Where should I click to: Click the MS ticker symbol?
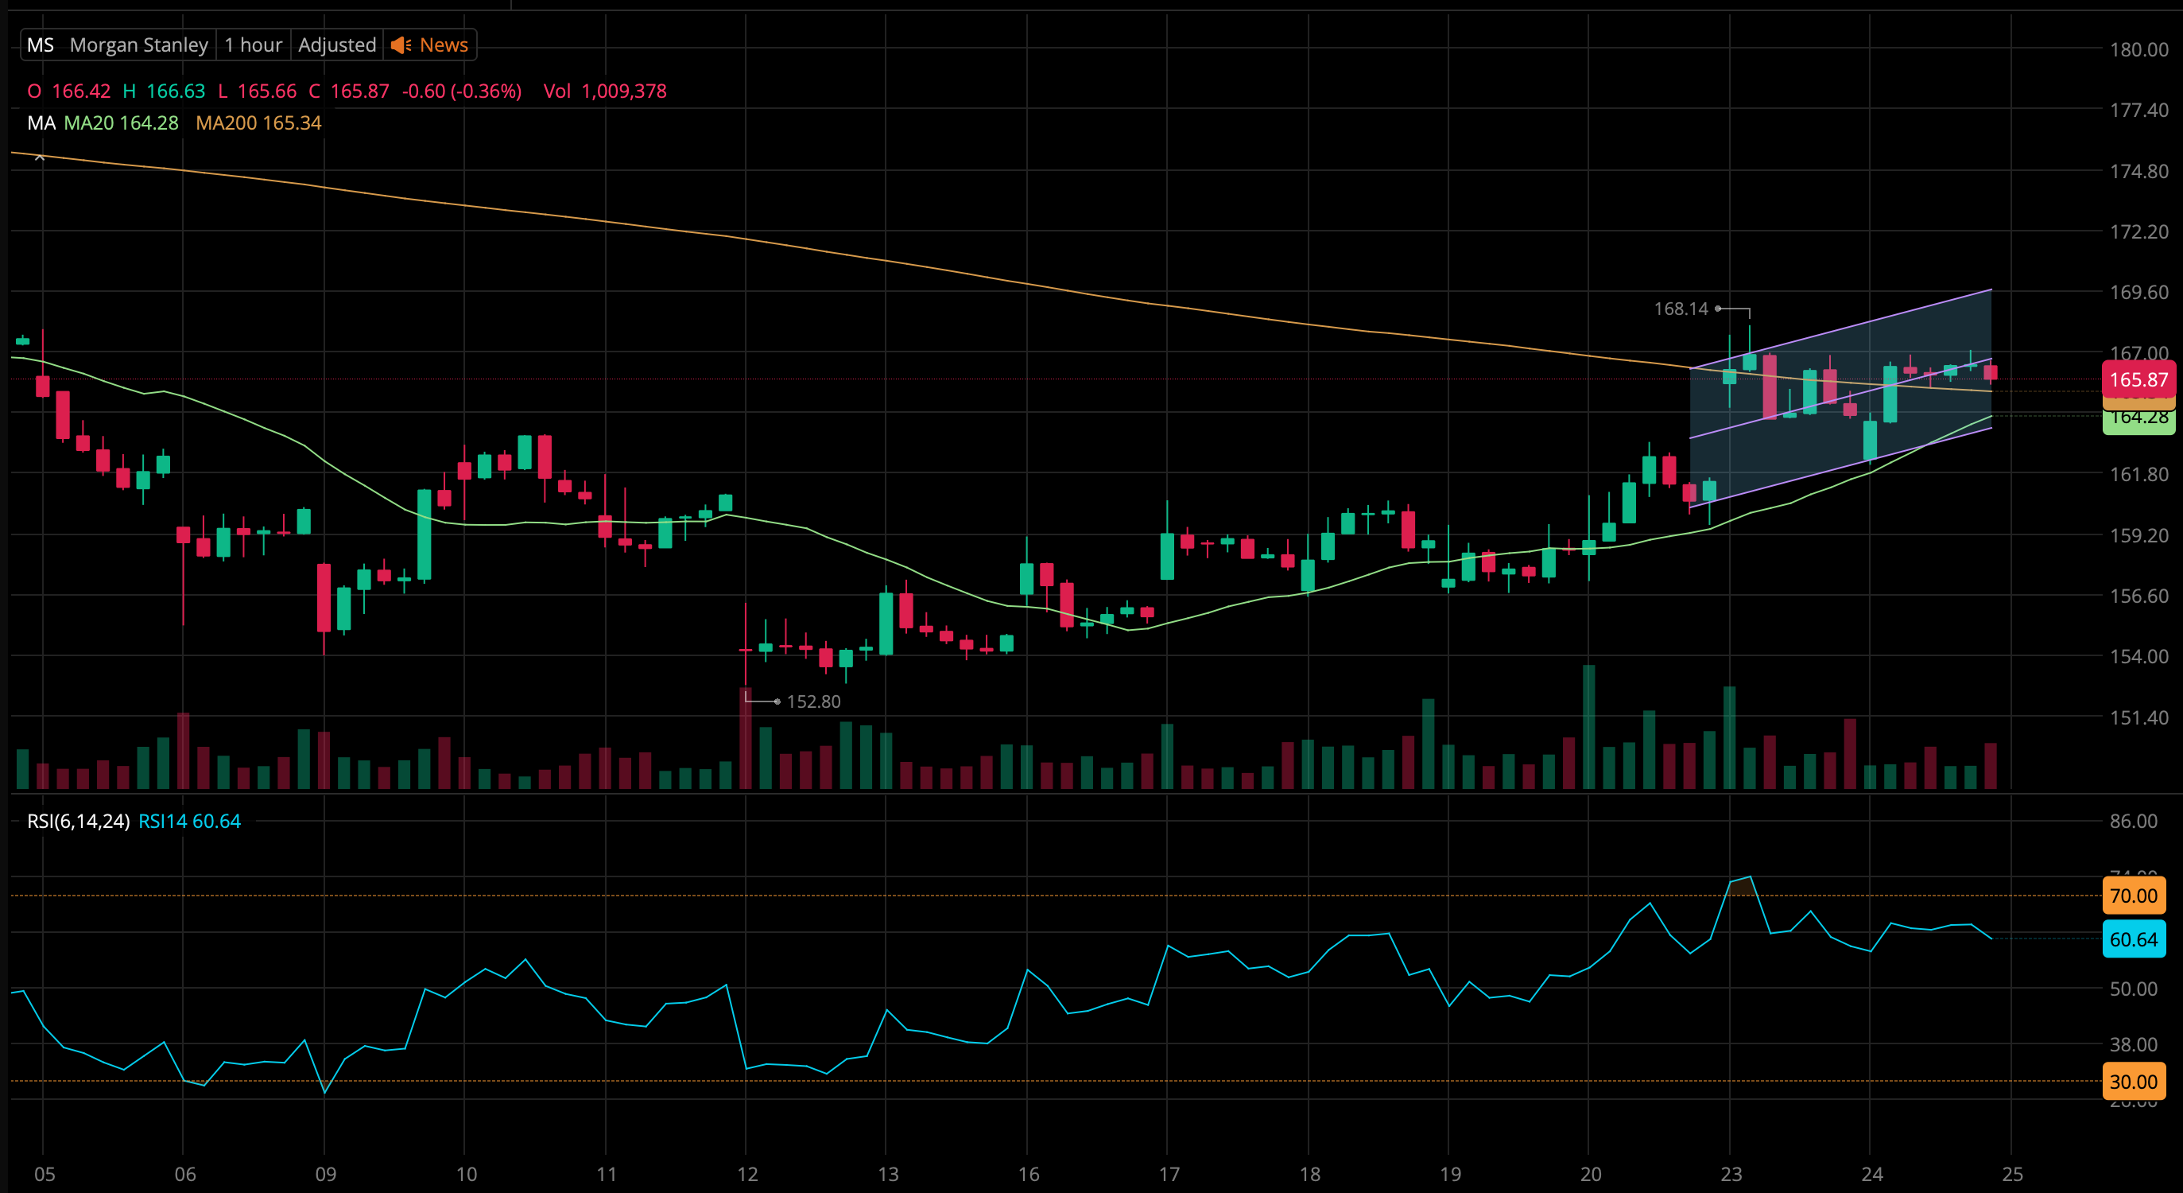(x=40, y=45)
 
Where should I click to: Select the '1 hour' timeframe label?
(x=253, y=45)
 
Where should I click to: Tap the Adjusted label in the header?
(x=336, y=45)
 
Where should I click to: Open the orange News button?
(x=431, y=45)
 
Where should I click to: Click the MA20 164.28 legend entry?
(x=121, y=123)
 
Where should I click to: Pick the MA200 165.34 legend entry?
(x=258, y=123)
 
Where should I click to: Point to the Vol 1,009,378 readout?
(x=604, y=91)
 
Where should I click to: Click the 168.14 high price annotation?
(x=1681, y=309)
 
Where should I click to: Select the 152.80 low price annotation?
(x=812, y=702)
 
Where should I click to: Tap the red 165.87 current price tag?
(x=2137, y=379)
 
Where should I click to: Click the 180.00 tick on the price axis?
(x=2138, y=49)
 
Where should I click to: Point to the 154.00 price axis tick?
(x=2138, y=656)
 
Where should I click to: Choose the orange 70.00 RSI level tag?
(x=2133, y=896)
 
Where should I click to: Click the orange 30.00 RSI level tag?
(x=2133, y=1081)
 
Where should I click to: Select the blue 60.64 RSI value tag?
(x=2133, y=938)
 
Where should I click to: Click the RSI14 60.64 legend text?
(x=189, y=821)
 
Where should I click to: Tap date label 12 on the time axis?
(x=746, y=1175)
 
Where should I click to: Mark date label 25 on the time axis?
(x=2012, y=1175)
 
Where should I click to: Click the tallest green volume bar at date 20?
(x=1589, y=727)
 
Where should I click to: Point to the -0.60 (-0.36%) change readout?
(x=461, y=91)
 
